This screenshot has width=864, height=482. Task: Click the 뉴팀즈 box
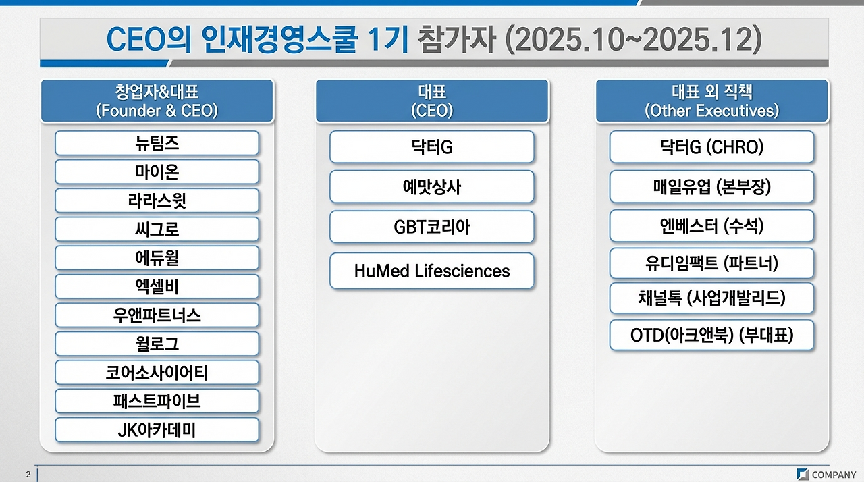point(157,143)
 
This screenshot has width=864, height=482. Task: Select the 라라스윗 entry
point(157,200)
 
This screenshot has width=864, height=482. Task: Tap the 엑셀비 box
point(157,286)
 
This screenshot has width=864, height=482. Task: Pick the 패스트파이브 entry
point(157,401)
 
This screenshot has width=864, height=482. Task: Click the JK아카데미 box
point(157,430)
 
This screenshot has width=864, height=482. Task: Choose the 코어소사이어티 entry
point(157,372)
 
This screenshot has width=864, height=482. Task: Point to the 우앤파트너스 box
point(157,315)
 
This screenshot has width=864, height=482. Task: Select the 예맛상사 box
point(432,187)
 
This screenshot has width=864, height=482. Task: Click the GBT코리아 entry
point(432,227)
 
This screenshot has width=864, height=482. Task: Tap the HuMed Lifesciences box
point(432,271)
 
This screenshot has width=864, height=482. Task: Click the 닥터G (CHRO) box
point(711,147)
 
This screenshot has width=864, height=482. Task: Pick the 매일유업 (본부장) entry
point(711,187)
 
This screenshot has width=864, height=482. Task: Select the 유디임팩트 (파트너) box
point(711,263)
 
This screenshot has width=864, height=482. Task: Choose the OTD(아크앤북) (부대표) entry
point(711,336)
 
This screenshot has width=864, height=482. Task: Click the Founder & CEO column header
point(157,101)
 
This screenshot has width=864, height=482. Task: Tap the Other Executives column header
point(711,101)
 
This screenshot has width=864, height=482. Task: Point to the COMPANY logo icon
point(803,475)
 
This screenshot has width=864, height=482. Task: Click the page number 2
point(28,475)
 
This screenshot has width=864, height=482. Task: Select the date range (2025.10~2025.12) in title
point(632,41)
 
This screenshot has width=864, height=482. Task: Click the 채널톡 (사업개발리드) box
point(711,298)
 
